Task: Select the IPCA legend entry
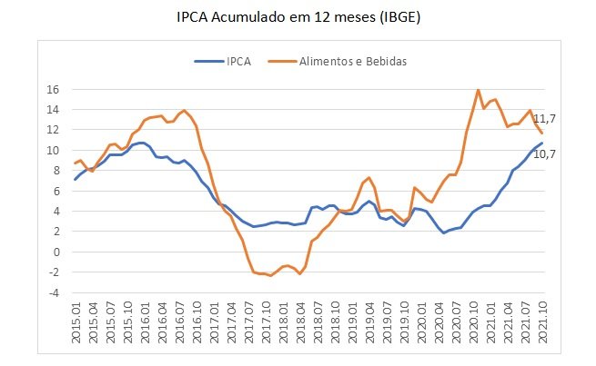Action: point(224,61)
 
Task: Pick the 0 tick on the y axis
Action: point(56,252)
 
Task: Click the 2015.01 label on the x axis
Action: point(75,322)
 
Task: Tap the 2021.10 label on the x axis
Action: point(541,322)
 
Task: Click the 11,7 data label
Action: point(544,119)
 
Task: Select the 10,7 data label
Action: point(544,153)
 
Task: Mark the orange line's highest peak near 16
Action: point(479,90)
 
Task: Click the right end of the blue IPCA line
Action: point(541,143)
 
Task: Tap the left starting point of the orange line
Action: point(75,163)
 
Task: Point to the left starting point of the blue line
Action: point(75,180)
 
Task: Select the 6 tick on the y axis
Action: point(56,192)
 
